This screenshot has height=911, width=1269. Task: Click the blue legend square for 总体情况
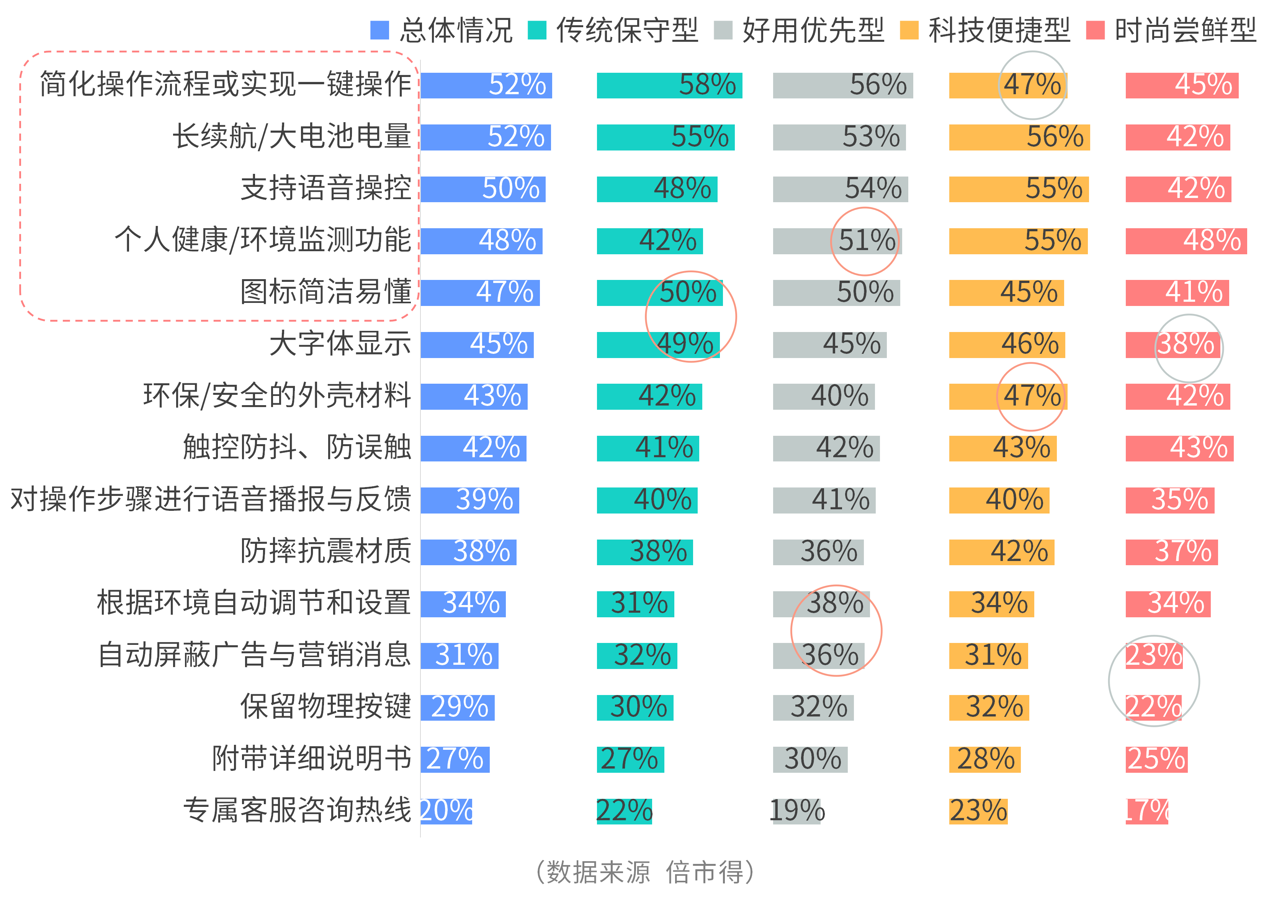tap(379, 30)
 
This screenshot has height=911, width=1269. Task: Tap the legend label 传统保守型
tap(627, 30)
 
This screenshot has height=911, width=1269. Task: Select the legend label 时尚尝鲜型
tap(1185, 30)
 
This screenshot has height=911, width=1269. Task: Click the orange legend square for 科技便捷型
tap(909, 30)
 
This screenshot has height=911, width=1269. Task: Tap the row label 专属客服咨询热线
tap(297, 811)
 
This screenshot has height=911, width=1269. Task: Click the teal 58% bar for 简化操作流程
tap(669, 86)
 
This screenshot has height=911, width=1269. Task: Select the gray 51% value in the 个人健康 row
tap(866, 240)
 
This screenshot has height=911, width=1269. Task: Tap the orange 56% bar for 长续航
tap(1019, 137)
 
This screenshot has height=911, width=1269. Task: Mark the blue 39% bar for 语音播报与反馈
tap(469, 500)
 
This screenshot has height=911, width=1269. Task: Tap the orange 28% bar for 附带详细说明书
tap(985, 759)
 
